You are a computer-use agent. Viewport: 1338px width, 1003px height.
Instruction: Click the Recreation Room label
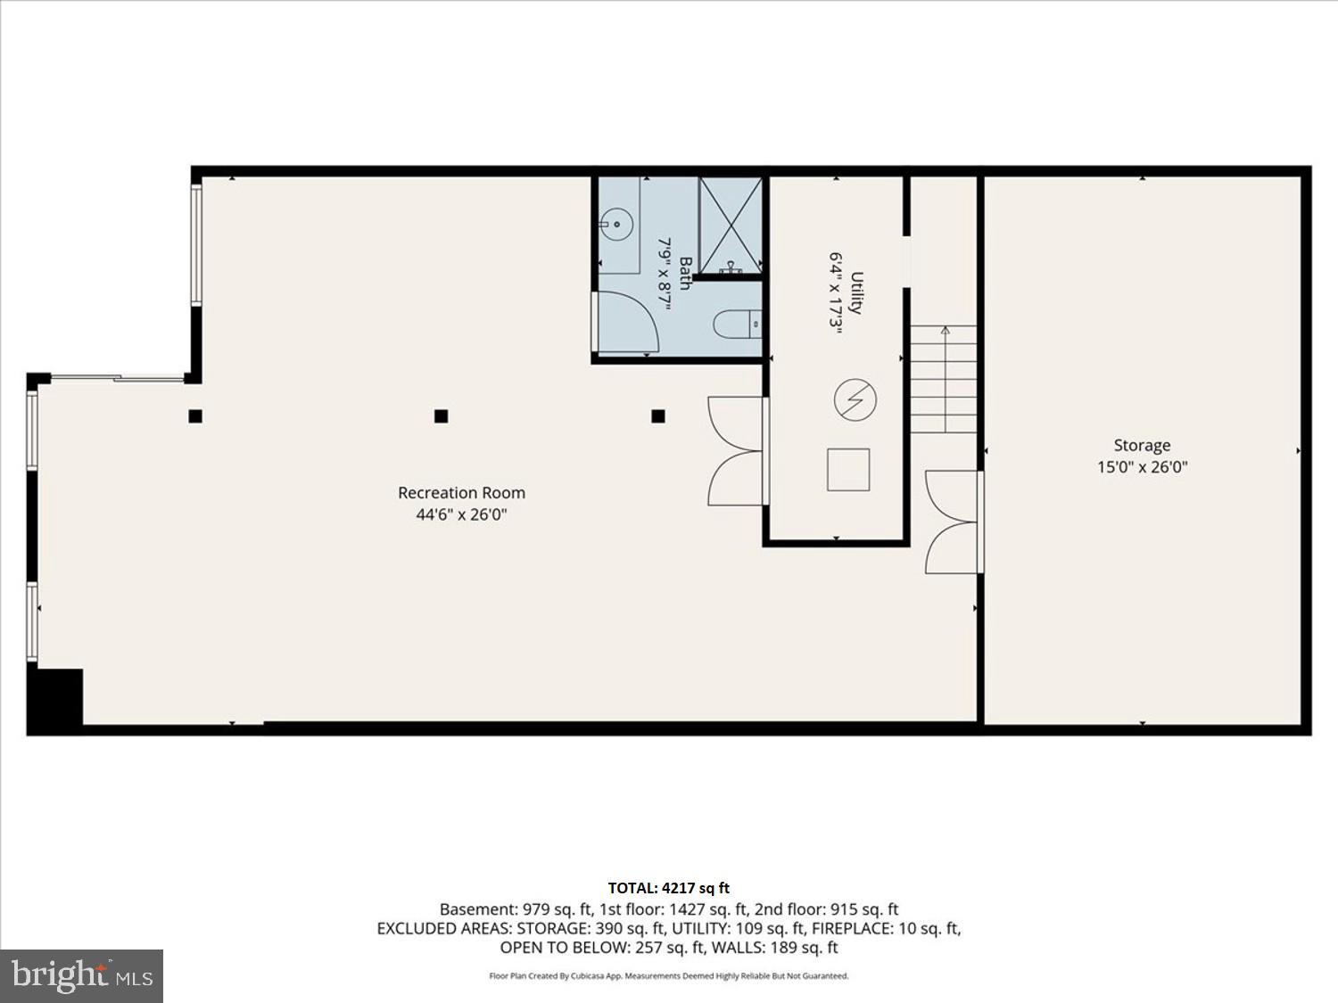(461, 492)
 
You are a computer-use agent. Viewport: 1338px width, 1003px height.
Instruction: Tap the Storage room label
(1142, 445)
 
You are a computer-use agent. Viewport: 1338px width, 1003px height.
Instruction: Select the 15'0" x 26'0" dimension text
(1142, 467)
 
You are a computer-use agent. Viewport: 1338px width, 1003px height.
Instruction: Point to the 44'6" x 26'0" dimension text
(461, 514)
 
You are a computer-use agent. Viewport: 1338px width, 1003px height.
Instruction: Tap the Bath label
(685, 273)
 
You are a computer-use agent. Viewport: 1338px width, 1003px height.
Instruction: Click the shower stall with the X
(731, 225)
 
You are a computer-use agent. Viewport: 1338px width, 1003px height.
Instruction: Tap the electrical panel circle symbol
(855, 399)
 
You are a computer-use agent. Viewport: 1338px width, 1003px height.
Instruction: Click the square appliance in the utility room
(848, 470)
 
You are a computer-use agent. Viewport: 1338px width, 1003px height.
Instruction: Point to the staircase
(944, 380)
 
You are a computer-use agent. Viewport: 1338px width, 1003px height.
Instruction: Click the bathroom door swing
(627, 321)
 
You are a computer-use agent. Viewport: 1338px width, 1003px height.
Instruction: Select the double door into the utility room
(736, 451)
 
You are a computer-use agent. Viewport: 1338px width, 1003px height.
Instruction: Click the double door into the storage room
(953, 522)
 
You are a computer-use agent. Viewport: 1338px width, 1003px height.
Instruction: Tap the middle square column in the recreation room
(441, 415)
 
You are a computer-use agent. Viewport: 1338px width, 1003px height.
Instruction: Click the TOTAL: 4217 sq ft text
(668, 888)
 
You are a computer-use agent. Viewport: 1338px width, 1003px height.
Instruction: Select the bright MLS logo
(81, 975)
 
